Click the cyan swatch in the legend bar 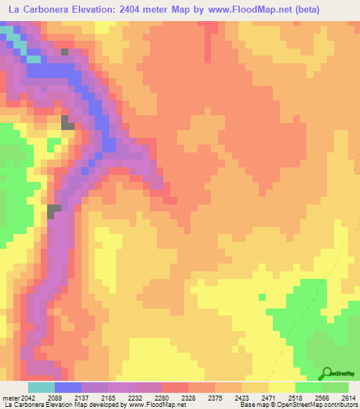41,388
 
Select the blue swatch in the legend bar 67,388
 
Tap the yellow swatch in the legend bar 281,388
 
